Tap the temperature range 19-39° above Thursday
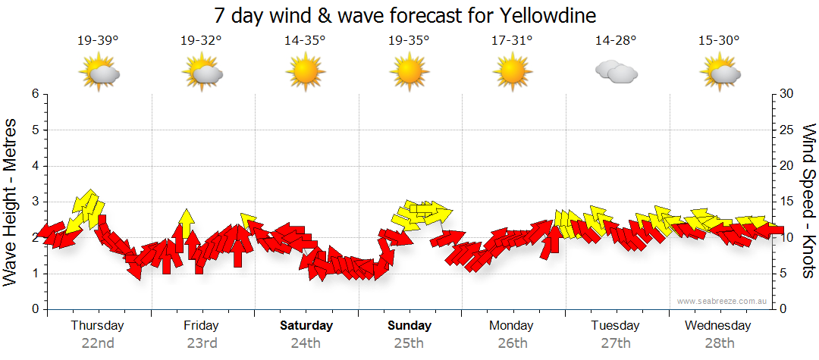tap(98, 41)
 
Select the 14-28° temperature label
tap(616, 41)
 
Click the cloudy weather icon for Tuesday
tap(616, 73)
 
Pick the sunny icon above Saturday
tap(305, 73)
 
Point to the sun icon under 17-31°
tap(512, 73)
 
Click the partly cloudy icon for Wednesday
tap(719, 73)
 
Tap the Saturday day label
tap(306, 326)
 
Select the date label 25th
tap(409, 343)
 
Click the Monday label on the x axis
tap(512, 326)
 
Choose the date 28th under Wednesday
tap(719, 343)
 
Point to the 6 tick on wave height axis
tap(35, 94)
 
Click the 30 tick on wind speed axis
tap(787, 94)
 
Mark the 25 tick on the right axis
tap(787, 130)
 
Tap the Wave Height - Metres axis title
tap(12, 202)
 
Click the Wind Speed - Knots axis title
tap(808, 201)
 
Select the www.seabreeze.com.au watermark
tap(723, 301)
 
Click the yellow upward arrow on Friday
tap(186, 221)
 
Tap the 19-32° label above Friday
tap(201, 41)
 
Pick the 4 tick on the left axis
tap(35, 166)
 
